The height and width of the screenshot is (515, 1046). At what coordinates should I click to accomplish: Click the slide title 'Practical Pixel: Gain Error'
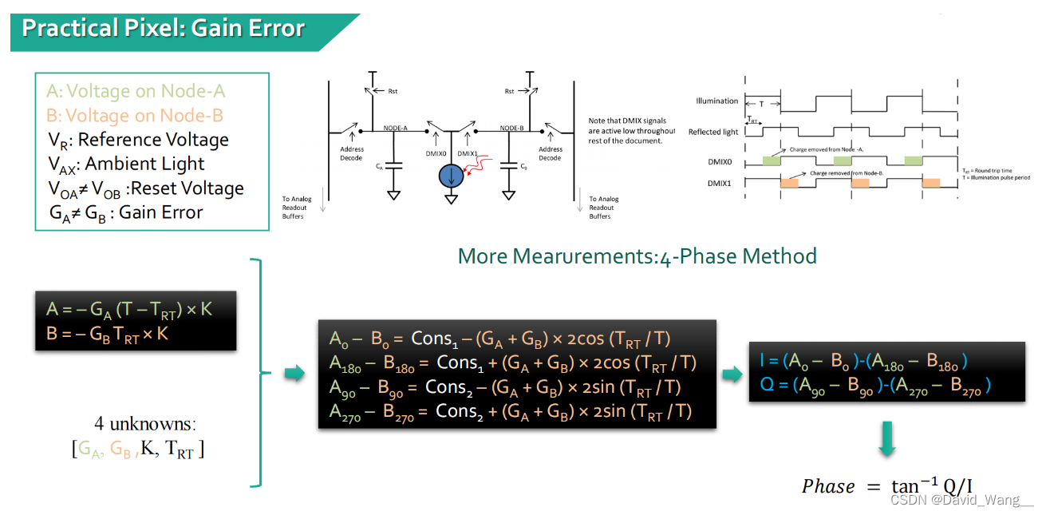(164, 29)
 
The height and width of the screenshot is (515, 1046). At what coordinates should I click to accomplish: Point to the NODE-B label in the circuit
(511, 128)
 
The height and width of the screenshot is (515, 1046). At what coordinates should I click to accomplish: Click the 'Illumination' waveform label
(716, 101)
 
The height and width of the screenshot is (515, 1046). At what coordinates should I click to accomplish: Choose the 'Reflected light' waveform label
(713, 132)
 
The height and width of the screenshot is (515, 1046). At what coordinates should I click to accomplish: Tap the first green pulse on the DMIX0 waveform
(772, 160)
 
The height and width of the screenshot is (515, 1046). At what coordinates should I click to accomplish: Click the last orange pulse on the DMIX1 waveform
(930, 183)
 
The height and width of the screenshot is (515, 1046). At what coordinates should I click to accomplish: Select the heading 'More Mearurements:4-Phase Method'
(637, 256)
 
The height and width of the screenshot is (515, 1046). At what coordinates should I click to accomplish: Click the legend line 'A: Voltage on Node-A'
(136, 91)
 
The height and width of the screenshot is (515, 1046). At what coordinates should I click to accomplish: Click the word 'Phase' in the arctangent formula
(827, 487)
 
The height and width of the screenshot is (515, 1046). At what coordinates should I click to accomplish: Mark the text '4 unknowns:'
(145, 424)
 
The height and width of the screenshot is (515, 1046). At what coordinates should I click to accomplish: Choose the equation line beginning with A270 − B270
(510, 411)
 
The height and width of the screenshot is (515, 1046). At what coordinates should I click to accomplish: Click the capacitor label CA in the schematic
(378, 168)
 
